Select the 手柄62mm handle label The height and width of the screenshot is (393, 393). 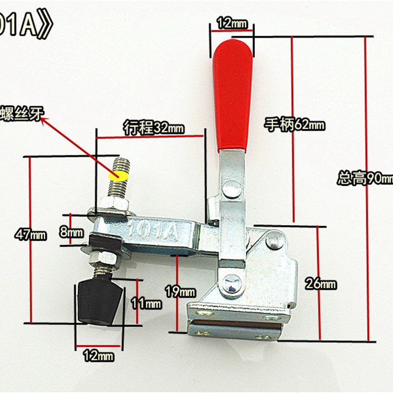(x=295, y=125)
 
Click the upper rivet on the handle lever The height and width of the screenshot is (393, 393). (x=231, y=188)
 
